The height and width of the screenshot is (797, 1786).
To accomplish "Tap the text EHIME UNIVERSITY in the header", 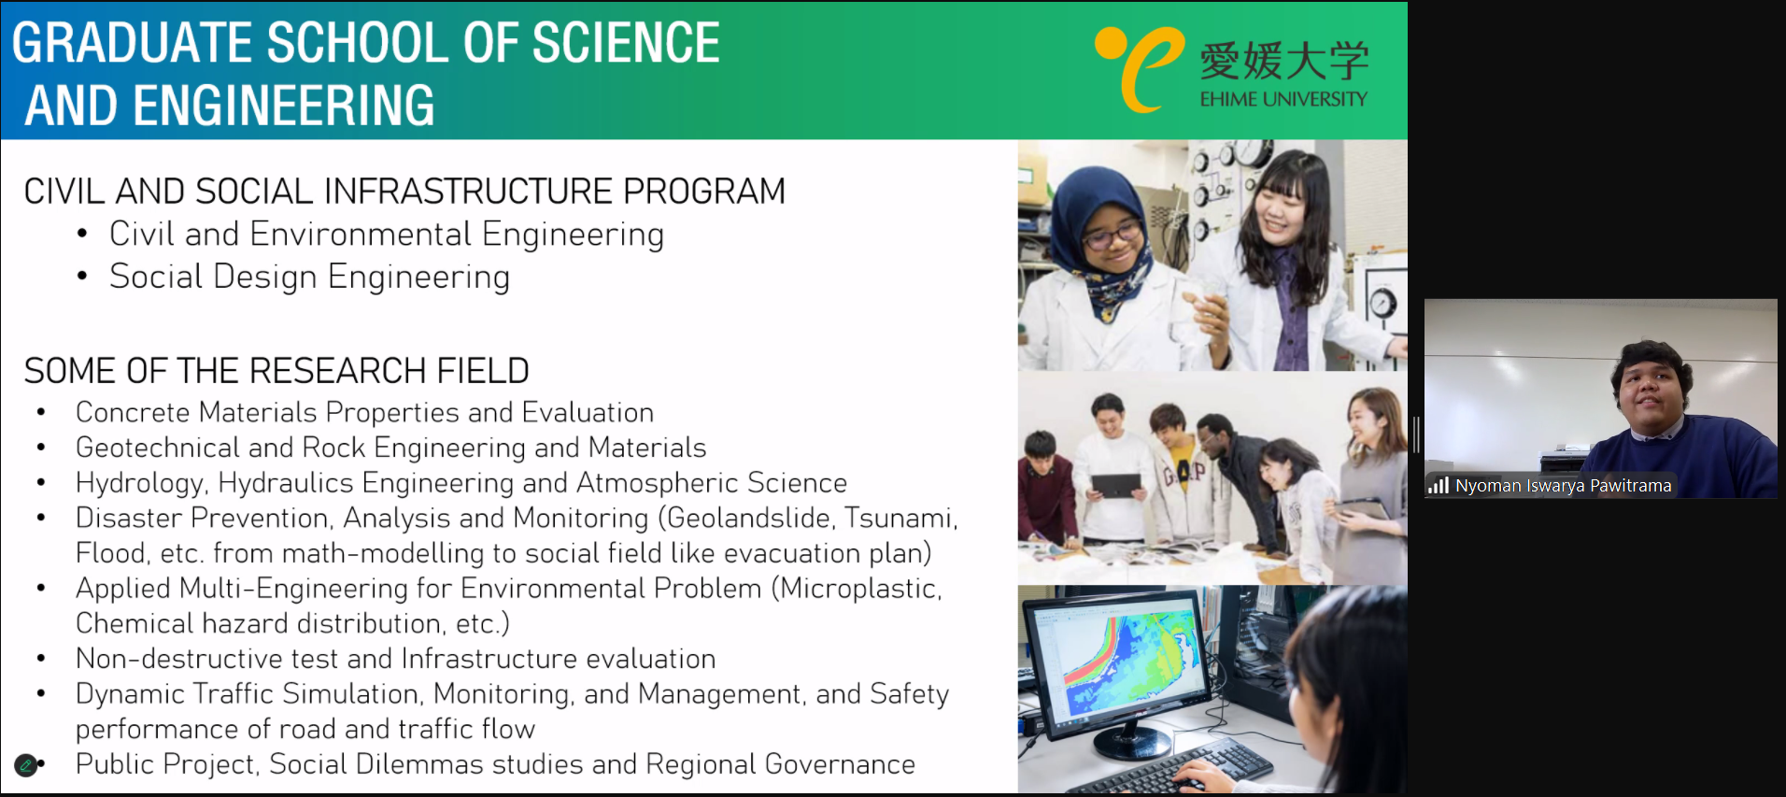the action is click(x=1283, y=99).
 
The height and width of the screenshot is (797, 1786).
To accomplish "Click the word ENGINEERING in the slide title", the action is click(x=284, y=105).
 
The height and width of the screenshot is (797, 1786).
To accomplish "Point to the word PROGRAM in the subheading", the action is click(x=704, y=192).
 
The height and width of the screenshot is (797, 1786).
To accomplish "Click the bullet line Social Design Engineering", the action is click(x=309, y=277).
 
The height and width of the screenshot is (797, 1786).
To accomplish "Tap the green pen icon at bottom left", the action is click(x=26, y=765).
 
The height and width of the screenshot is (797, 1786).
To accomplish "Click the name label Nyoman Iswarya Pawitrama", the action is click(x=1563, y=486).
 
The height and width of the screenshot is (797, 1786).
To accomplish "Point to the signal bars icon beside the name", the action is click(x=1439, y=486).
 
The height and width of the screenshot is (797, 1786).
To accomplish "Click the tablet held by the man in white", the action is click(x=1116, y=485).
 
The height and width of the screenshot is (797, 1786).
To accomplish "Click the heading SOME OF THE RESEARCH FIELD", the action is click(x=276, y=371).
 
